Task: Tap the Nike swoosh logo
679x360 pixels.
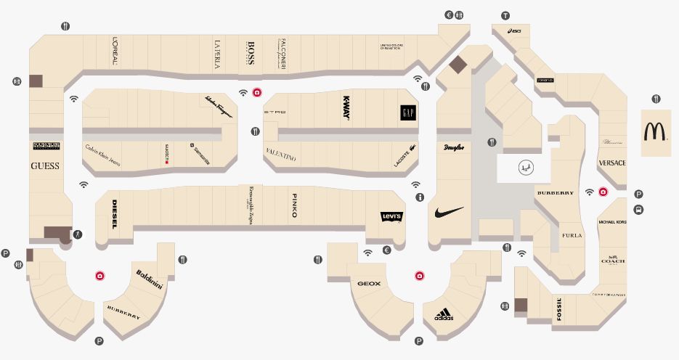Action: coord(449,212)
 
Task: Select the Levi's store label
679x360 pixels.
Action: coord(391,217)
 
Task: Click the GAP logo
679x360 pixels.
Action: coord(407,113)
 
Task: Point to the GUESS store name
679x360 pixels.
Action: coord(45,166)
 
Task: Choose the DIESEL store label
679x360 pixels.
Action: coord(114,214)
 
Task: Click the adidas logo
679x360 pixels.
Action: coord(444,316)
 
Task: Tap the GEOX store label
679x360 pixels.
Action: coord(369,283)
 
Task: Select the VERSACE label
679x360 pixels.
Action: coord(611,163)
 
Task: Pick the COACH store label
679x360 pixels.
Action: coord(613,260)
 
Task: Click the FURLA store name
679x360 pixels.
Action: coord(572,235)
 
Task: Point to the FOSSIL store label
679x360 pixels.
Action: coord(559,310)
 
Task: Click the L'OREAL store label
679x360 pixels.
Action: coord(115,52)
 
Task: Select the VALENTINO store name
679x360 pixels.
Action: coord(281,156)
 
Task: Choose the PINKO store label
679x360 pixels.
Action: coord(294,205)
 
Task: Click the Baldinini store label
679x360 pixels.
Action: coord(150,279)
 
